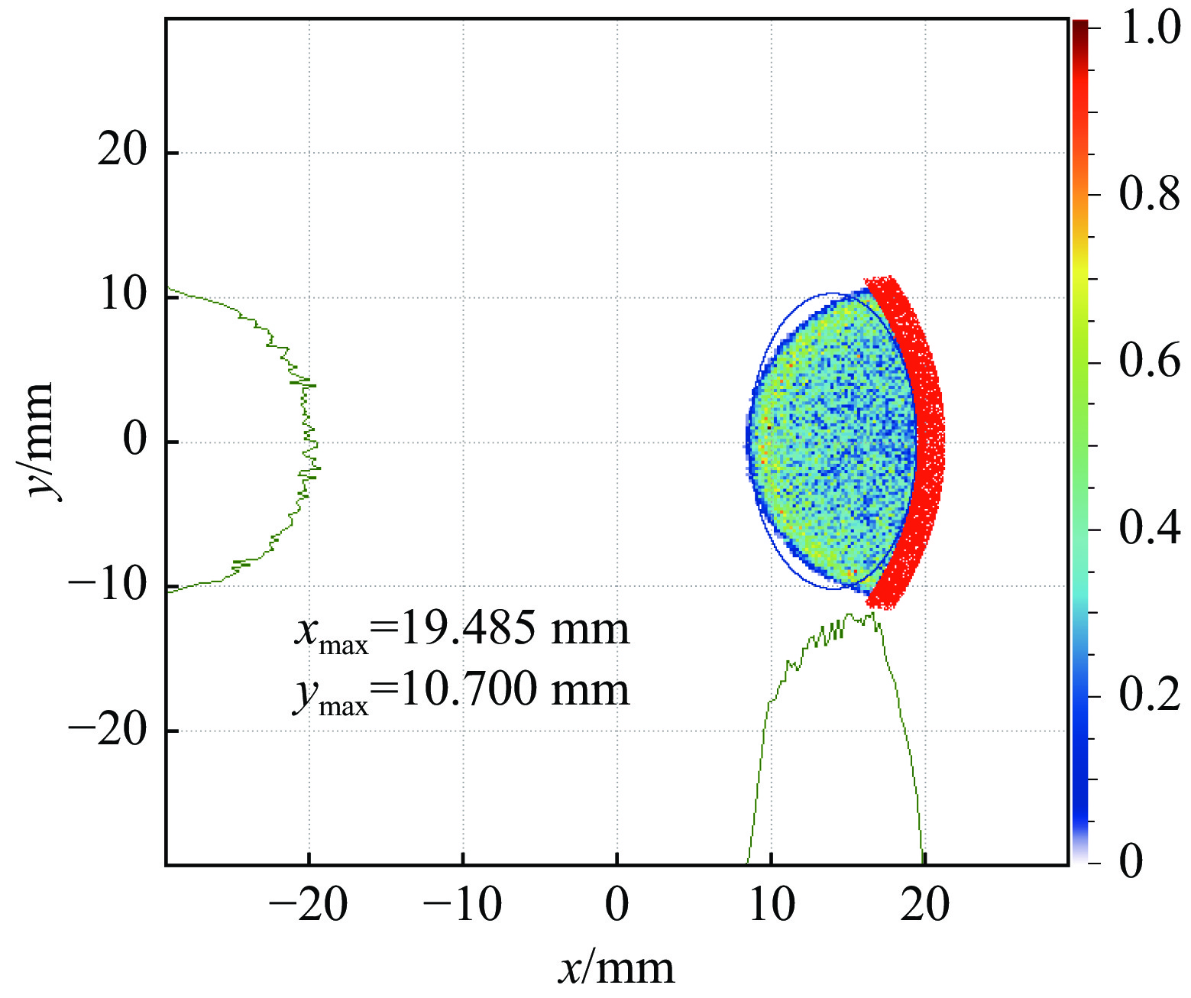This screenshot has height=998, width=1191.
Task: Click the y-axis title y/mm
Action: click(x=40, y=441)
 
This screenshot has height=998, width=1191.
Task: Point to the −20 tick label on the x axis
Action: click(x=309, y=906)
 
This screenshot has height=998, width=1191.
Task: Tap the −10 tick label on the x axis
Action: click(x=462, y=906)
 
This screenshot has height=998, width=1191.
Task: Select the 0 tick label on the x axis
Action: click(x=617, y=906)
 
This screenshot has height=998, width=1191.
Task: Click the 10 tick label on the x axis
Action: click(x=772, y=906)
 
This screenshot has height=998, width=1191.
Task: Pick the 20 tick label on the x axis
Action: click(x=925, y=906)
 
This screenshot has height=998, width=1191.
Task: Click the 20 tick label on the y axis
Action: click(x=122, y=150)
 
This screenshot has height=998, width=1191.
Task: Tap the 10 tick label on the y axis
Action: click(x=122, y=294)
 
